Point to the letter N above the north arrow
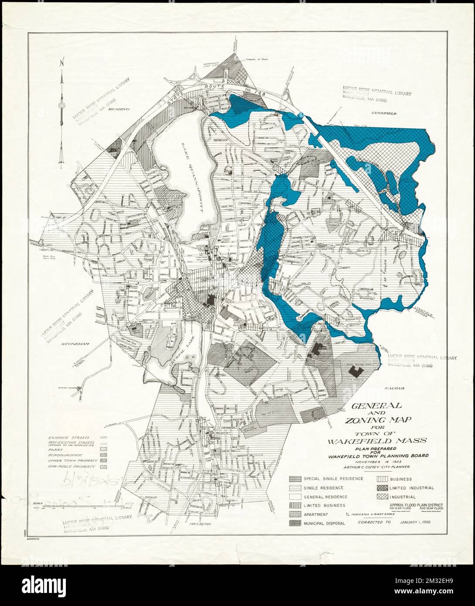(63, 62)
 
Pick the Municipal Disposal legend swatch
(295, 523)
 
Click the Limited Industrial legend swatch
(383, 488)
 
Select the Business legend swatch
(383, 479)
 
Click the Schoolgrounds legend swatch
(104, 454)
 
